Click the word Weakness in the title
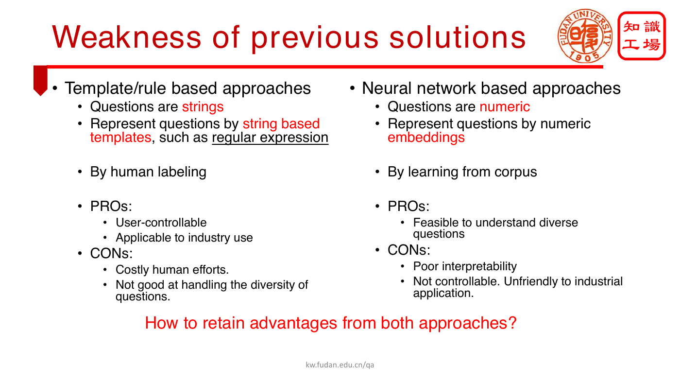coord(126,37)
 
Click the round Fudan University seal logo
coord(585,36)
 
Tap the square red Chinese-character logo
coord(642,36)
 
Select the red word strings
coord(203,107)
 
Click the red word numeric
coord(505,106)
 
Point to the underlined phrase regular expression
coord(270,138)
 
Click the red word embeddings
coord(426,138)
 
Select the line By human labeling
coord(148,172)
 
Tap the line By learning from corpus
coord(462,172)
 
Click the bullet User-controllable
coord(161,223)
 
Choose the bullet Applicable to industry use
coord(184,238)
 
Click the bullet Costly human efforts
coord(172,270)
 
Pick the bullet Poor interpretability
coord(465,267)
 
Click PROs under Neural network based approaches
coord(408,207)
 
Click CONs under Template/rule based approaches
coord(111,254)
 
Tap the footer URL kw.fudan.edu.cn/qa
coord(340,365)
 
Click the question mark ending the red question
coord(512,323)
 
